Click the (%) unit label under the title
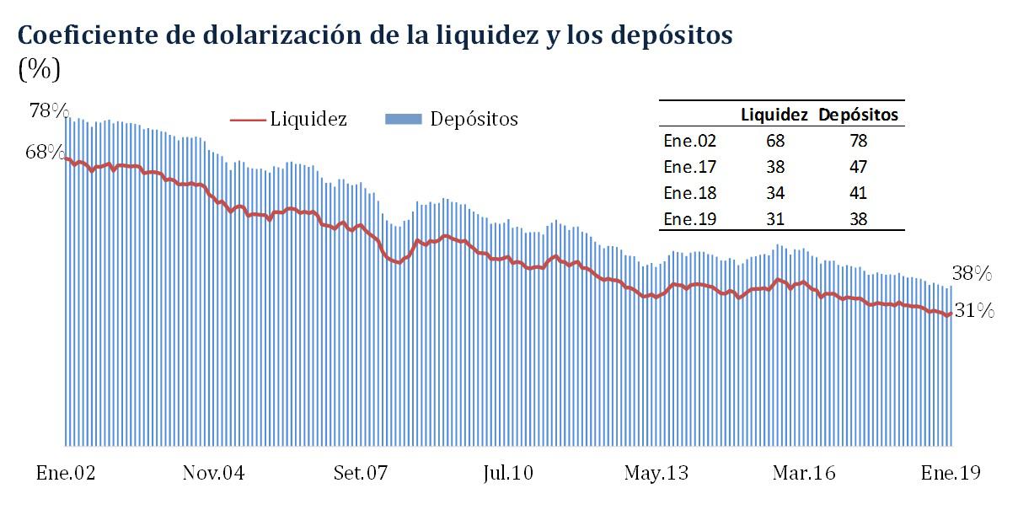(x=39, y=69)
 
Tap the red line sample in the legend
(x=248, y=120)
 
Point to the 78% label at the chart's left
(x=47, y=111)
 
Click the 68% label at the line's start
(x=45, y=153)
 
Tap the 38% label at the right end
(x=972, y=273)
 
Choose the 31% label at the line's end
(x=974, y=311)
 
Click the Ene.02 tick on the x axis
(x=66, y=473)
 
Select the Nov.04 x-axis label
(x=213, y=473)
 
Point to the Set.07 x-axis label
(x=360, y=473)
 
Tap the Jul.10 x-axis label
(x=508, y=473)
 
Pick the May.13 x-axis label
(x=656, y=473)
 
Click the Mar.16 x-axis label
(x=803, y=473)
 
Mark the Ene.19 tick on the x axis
(x=951, y=473)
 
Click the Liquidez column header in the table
(x=774, y=115)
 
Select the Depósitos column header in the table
(x=858, y=115)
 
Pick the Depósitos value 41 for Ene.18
(x=858, y=193)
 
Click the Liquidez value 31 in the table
(x=774, y=219)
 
